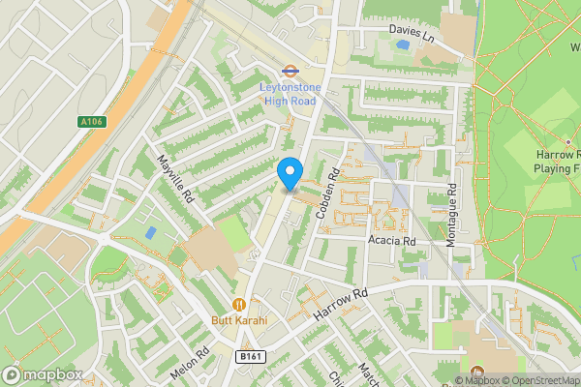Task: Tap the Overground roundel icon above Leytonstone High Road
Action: coord(289,71)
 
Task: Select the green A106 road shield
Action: coord(90,122)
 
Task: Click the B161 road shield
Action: coord(251,356)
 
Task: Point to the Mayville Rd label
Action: coord(176,178)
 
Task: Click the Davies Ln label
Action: coord(412,30)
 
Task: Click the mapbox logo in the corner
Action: coord(42,374)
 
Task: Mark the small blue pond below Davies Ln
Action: coord(403,45)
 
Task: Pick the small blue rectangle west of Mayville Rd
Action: coord(150,233)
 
